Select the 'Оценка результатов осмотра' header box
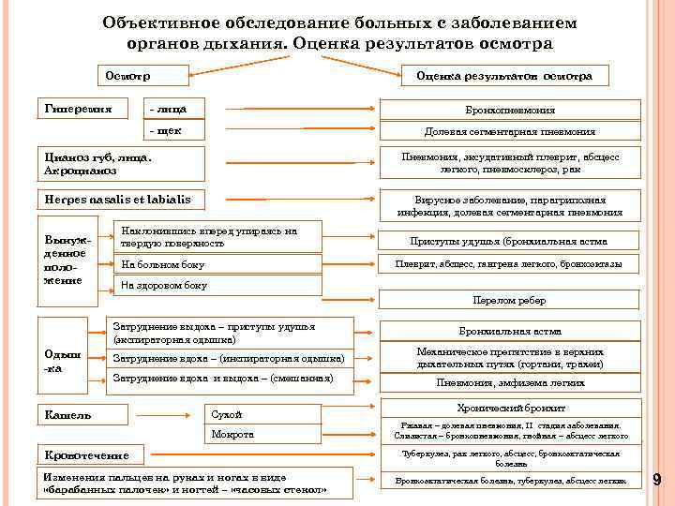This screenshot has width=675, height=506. click(x=505, y=76)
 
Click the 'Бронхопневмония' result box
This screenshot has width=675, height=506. click(x=509, y=111)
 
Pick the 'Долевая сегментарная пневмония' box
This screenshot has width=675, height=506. click(x=509, y=131)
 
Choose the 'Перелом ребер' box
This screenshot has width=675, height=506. click(x=509, y=300)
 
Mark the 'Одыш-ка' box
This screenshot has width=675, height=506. click(x=68, y=360)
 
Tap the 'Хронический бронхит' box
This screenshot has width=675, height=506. click(x=511, y=409)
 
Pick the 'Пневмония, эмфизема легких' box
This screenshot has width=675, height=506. click(x=509, y=382)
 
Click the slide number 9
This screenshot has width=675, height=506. click(x=657, y=480)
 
